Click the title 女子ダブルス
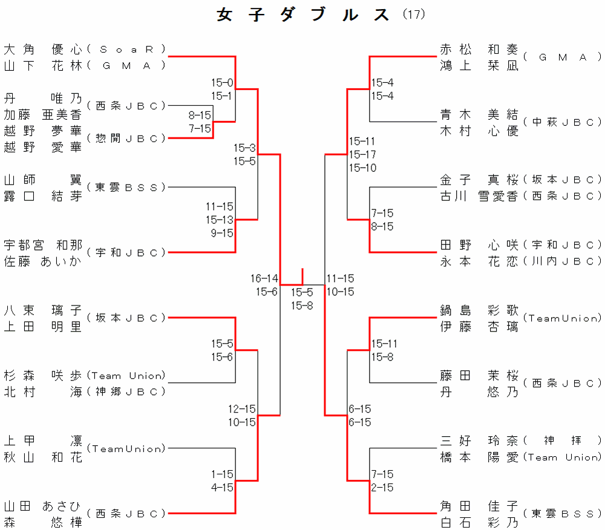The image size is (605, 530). click(303, 15)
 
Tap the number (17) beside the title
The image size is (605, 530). click(414, 14)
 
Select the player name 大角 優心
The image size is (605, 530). click(42, 48)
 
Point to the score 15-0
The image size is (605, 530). click(222, 83)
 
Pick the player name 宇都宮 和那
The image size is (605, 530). click(42, 245)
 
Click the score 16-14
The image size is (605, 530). click(264, 278)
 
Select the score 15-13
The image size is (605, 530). click(220, 220)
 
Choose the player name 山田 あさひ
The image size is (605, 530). click(42, 506)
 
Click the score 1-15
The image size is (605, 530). click(222, 474)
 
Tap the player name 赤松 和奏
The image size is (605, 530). click(479, 49)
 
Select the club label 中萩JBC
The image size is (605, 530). click(562, 122)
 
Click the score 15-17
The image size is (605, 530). click(362, 154)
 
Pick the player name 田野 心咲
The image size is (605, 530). click(479, 245)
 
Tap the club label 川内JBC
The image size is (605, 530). click(562, 261)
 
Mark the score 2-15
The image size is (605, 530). click(382, 487)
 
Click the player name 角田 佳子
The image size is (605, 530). click(479, 506)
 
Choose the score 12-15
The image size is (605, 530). click(242, 409)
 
